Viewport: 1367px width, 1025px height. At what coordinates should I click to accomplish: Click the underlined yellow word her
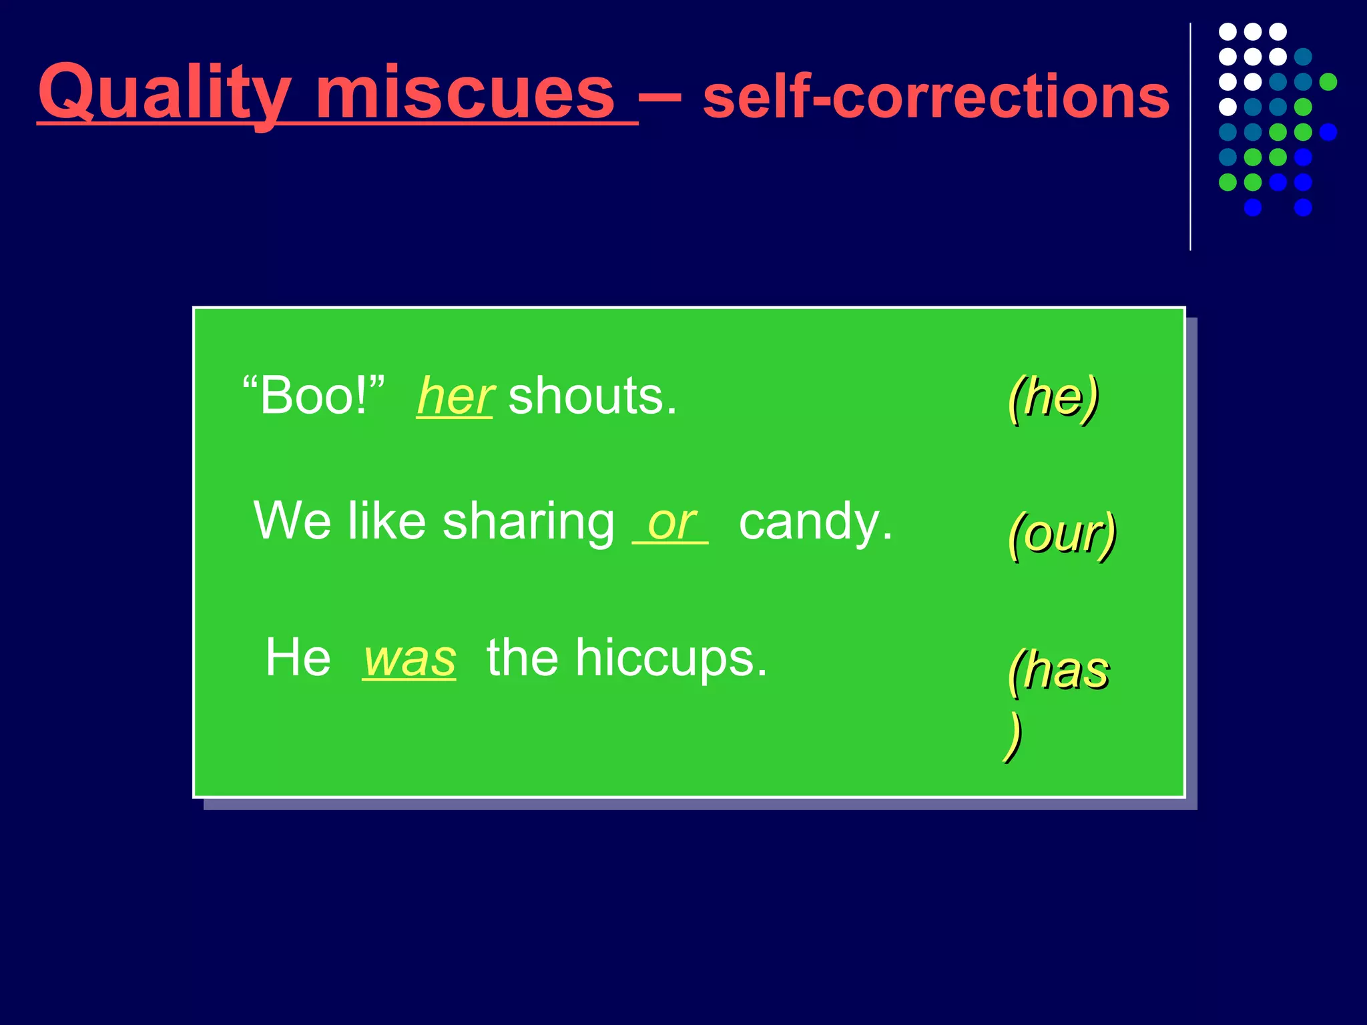click(455, 396)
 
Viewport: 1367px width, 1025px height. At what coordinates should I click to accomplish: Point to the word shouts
click(593, 396)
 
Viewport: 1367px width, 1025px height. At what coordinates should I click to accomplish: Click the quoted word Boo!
click(314, 396)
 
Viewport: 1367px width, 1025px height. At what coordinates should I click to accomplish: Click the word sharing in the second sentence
click(528, 523)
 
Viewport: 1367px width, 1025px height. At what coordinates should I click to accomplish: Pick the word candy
click(815, 523)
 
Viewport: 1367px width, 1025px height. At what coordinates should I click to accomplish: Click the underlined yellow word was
click(409, 659)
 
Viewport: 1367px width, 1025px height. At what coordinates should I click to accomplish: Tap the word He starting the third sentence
click(298, 658)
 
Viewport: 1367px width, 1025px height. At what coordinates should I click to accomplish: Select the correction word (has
click(1059, 670)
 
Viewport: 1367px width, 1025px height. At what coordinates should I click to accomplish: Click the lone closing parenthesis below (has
click(1013, 737)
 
